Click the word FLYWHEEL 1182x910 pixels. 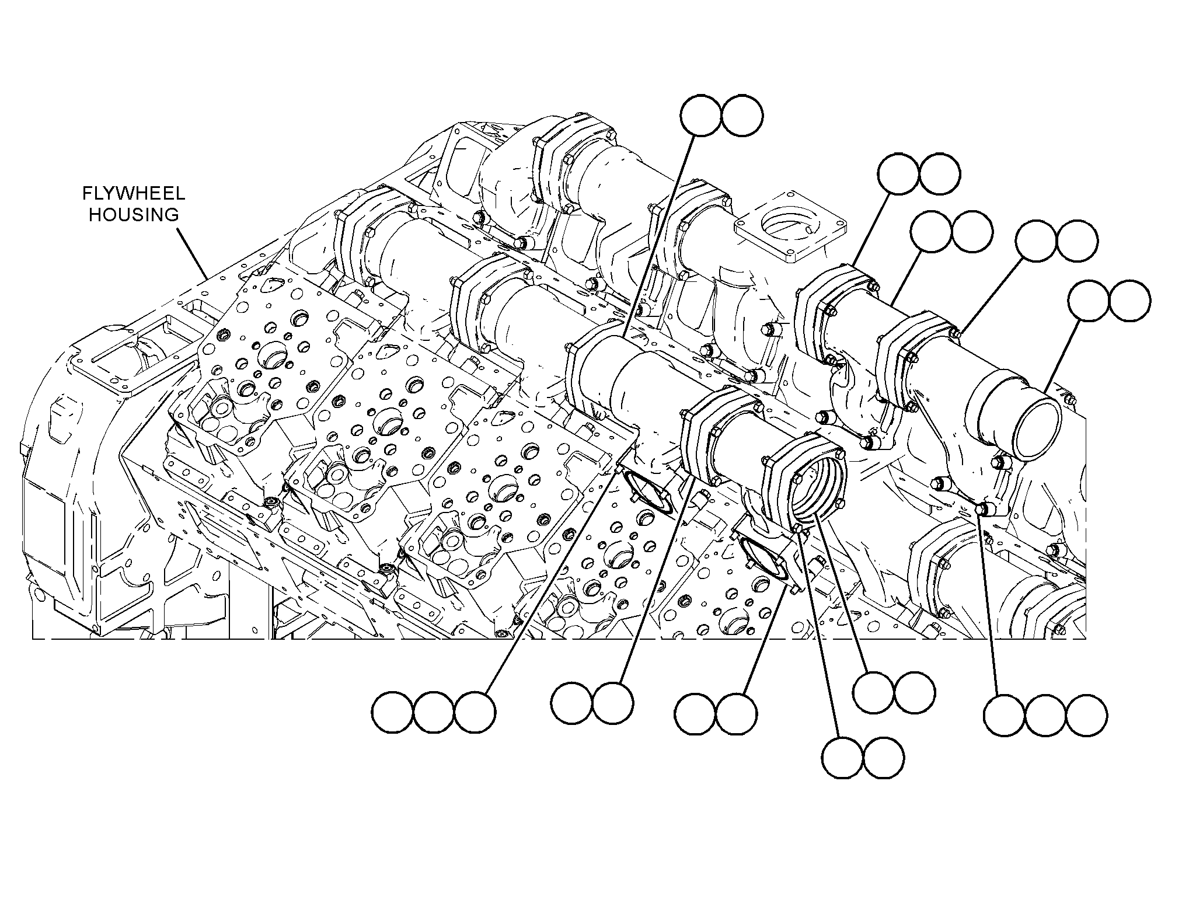coord(134,194)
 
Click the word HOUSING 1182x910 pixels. coord(134,215)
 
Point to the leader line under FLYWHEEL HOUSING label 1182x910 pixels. coord(192,253)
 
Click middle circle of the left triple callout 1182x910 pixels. coord(434,713)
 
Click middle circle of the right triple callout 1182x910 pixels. coord(1045,715)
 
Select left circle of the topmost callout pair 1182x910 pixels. coord(701,116)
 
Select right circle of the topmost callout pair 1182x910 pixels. coord(742,116)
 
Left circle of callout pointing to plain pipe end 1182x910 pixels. coord(1089,301)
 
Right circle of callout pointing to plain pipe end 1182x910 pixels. coord(1130,301)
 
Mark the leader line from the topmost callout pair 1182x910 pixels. coord(659,237)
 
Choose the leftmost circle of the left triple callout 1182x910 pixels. coord(393,713)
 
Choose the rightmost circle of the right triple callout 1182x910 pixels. coord(1086,715)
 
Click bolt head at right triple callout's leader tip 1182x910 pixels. coord(982,508)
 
